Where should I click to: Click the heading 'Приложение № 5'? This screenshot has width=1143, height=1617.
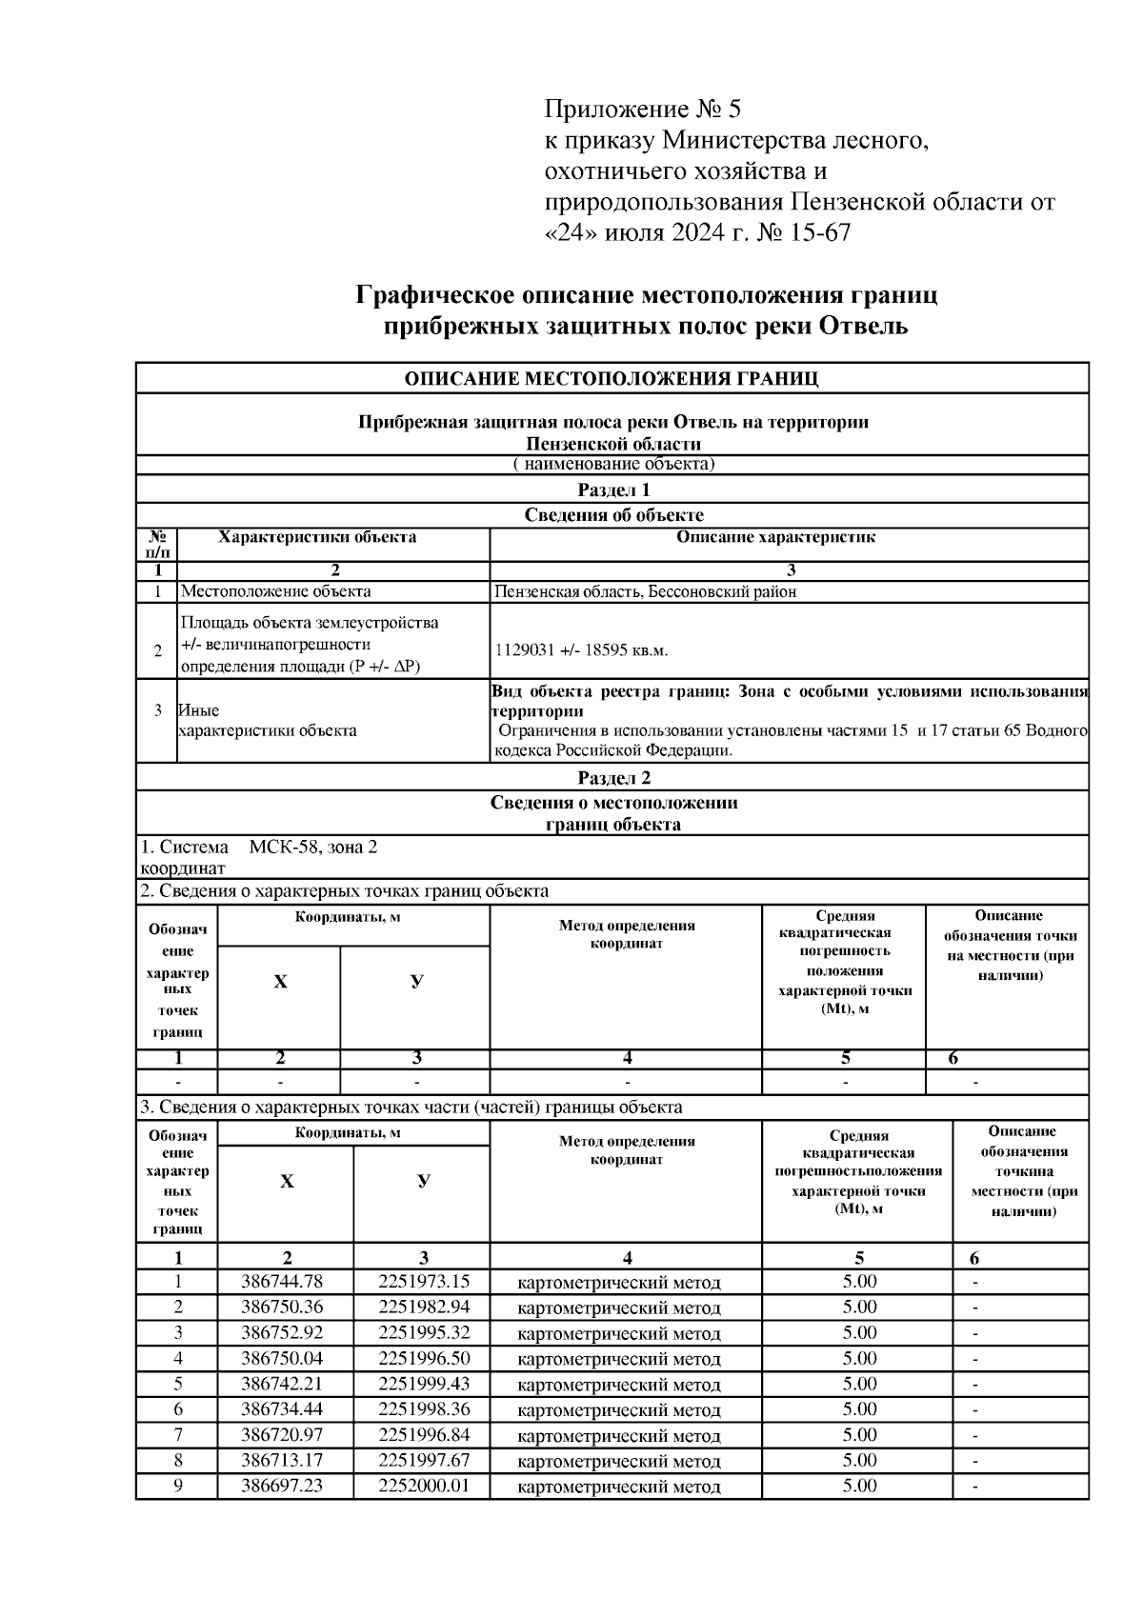point(641,108)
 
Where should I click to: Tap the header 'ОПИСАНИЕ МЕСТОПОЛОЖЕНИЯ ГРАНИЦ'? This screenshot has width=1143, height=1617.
point(612,378)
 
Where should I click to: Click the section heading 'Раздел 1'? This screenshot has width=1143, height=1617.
point(613,490)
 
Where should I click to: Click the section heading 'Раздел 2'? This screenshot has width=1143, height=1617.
point(613,778)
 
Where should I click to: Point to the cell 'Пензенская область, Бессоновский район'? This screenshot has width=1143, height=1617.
point(645,591)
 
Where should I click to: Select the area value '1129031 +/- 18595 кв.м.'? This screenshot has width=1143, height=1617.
point(582,650)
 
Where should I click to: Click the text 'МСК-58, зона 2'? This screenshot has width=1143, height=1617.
point(313,847)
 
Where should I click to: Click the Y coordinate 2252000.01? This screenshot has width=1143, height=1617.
point(424,1486)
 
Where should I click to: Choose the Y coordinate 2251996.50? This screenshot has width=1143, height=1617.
point(424,1358)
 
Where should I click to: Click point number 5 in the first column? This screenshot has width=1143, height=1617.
point(178,1384)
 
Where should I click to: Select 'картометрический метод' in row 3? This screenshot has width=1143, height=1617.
point(619,1333)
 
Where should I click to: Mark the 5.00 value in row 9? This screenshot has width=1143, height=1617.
point(859,1486)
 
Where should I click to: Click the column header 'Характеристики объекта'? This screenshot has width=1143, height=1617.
point(317,537)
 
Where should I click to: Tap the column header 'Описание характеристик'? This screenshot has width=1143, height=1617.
point(775,537)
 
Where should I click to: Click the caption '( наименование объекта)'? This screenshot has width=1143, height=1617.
point(613,465)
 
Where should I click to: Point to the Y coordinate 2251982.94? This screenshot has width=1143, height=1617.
point(424,1308)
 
